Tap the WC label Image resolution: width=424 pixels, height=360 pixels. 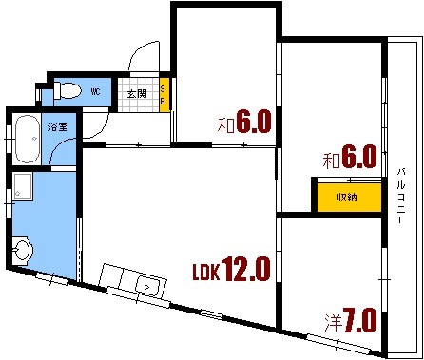pos(95,93)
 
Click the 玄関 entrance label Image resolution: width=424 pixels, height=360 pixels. pos(137,93)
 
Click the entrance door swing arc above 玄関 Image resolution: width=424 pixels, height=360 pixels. pos(142,57)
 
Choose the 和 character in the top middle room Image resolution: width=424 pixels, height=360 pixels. pos(224,124)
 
